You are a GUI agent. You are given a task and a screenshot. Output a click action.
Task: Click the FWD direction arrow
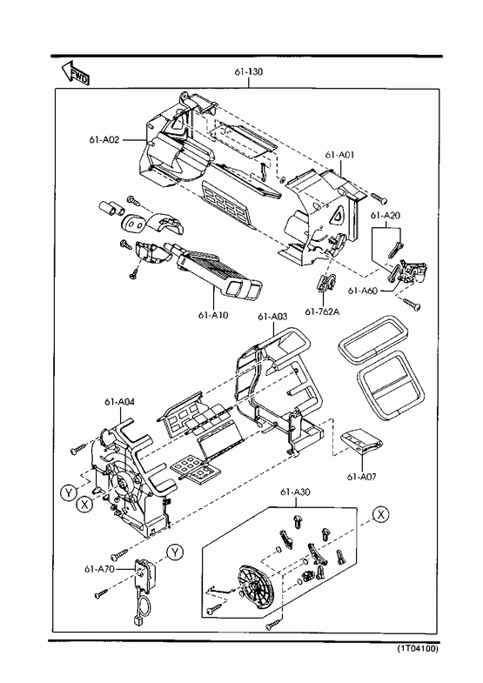76,73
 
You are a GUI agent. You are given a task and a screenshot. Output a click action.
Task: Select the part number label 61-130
249,71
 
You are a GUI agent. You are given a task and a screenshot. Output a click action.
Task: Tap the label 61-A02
104,140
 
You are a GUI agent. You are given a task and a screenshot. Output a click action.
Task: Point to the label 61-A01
339,154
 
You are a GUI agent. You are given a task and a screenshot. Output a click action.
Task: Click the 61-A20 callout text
386,215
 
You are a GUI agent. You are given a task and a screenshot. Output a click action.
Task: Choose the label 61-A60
362,291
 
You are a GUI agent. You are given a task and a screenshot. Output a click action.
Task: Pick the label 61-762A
322,311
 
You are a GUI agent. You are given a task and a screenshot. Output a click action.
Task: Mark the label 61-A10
213,315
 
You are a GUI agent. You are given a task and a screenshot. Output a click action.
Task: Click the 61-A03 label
272,317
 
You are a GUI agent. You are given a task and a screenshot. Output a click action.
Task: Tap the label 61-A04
119,402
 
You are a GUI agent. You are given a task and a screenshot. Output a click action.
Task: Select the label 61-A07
362,477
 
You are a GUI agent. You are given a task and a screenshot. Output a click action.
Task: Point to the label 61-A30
295,492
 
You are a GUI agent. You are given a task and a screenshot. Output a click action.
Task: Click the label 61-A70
99,569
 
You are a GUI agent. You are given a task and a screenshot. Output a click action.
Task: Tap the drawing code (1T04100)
417,648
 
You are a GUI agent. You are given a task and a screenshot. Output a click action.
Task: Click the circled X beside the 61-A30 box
381,514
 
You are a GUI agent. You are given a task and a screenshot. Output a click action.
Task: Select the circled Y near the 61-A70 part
175,552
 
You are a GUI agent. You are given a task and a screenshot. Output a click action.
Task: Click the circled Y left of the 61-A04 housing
69,493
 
